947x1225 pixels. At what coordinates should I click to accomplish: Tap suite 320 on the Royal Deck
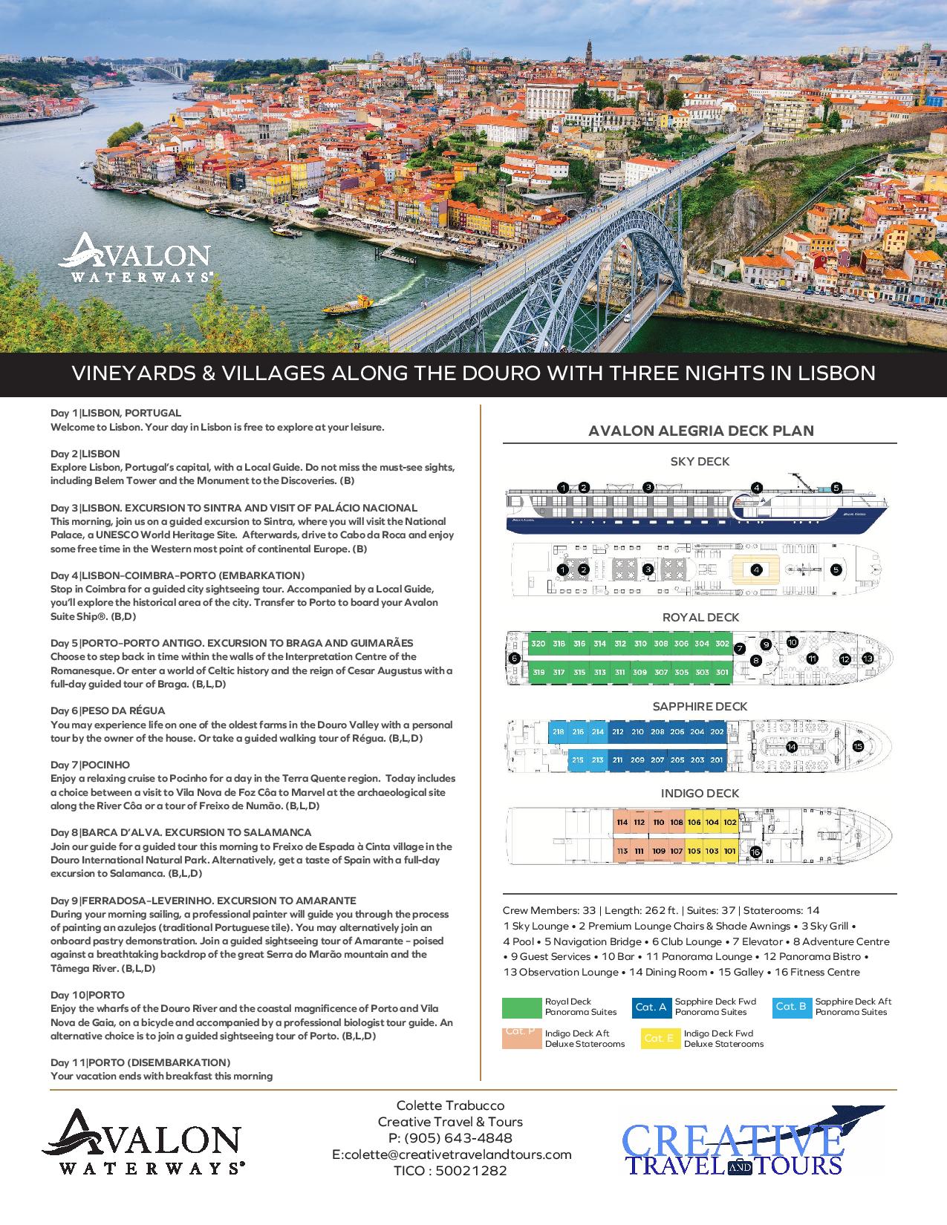coord(538,644)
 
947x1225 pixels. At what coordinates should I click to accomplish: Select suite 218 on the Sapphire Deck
coord(559,731)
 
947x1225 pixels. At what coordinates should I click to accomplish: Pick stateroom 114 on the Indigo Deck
coord(622,823)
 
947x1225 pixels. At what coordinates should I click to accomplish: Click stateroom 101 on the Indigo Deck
coord(729,851)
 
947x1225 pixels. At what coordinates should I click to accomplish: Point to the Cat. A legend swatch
coord(651,1007)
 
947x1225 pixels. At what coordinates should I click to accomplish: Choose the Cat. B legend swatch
coord(791,1007)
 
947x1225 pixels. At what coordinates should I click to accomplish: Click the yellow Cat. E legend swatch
coord(658,1038)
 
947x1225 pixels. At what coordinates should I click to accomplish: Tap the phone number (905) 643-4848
coord(450,1138)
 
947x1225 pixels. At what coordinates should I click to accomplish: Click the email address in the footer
coord(452,1154)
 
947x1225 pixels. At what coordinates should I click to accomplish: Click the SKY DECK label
coord(700,461)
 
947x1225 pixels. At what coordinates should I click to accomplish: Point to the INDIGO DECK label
coord(700,794)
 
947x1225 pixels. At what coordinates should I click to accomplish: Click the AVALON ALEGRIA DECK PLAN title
coord(700,431)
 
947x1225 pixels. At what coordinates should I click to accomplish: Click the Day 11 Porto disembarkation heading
coord(140,1062)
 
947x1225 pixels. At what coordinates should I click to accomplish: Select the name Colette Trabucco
coord(451,1105)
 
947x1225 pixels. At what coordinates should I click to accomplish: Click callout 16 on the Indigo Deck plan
coord(755,852)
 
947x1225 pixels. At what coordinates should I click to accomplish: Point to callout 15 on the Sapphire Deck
coord(858,747)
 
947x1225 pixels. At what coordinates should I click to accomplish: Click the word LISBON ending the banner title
coord(836,373)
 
